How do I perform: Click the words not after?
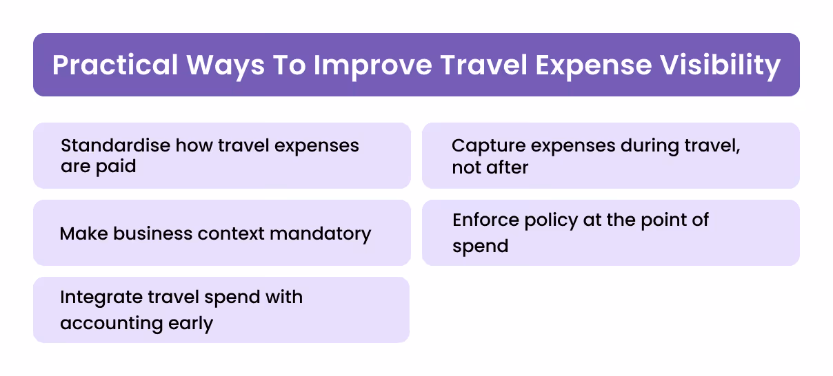[x=490, y=167]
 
